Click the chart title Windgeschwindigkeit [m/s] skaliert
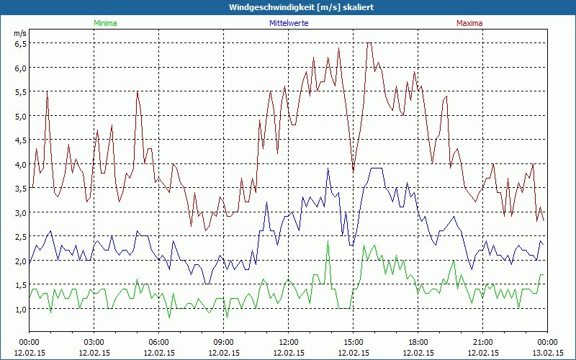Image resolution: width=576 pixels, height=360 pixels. (x=301, y=7)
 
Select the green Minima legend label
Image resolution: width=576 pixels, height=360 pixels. (x=105, y=23)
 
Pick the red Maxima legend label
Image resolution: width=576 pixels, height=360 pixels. (x=469, y=23)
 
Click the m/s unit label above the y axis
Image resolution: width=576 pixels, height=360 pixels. (x=19, y=33)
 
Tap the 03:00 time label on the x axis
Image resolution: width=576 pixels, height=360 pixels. (x=94, y=342)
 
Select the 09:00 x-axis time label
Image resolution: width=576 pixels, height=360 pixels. (x=223, y=342)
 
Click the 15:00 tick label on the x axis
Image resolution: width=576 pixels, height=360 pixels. (x=353, y=342)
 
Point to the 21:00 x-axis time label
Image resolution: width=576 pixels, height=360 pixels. (x=482, y=342)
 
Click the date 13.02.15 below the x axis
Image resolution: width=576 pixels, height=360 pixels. (x=547, y=353)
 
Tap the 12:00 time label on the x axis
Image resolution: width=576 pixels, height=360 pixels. (x=288, y=342)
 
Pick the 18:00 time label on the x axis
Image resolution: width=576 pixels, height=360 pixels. (x=418, y=342)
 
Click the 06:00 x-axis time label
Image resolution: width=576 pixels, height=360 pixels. (x=159, y=342)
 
